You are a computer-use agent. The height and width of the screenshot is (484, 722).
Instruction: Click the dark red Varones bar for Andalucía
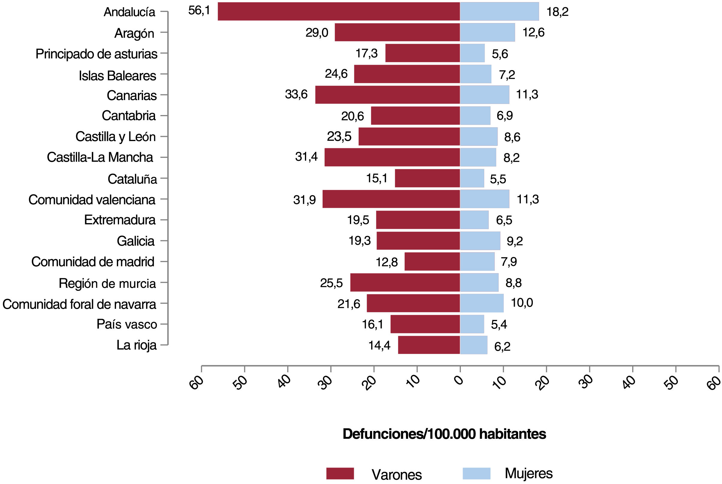(x=339, y=11)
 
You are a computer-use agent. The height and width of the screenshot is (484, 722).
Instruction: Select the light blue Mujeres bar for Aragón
(x=487, y=32)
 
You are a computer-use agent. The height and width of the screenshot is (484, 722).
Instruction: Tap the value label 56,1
(x=199, y=10)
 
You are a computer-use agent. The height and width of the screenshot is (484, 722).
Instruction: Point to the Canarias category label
(x=132, y=95)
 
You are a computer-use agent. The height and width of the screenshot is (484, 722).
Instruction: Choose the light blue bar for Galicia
(x=480, y=241)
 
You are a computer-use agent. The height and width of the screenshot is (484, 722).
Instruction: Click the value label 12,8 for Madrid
(x=386, y=262)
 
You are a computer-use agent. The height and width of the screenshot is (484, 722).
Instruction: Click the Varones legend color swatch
(x=340, y=474)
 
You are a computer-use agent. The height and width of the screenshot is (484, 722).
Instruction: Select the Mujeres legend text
(x=529, y=473)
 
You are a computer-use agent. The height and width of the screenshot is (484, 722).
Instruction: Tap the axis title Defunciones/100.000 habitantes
(x=444, y=434)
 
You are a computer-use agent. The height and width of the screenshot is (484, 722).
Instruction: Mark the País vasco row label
(x=127, y=324)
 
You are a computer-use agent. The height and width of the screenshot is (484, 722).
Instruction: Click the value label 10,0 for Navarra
(x=522, y=303)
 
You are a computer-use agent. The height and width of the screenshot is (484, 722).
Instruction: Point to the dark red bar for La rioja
(x=429, y=345)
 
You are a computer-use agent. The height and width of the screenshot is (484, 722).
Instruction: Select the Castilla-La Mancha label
(x=100, y=158)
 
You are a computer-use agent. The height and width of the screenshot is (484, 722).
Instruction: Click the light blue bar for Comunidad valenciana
(x=485, y=199)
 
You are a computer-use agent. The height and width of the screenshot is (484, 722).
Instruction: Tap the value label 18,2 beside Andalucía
(x=557, y=12)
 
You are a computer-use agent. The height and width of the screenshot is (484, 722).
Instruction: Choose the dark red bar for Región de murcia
(x=405, y=282)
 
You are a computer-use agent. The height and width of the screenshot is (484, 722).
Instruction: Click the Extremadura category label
(x=120, y=220)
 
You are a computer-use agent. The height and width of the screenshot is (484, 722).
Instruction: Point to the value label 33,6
(x=296, y=94)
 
